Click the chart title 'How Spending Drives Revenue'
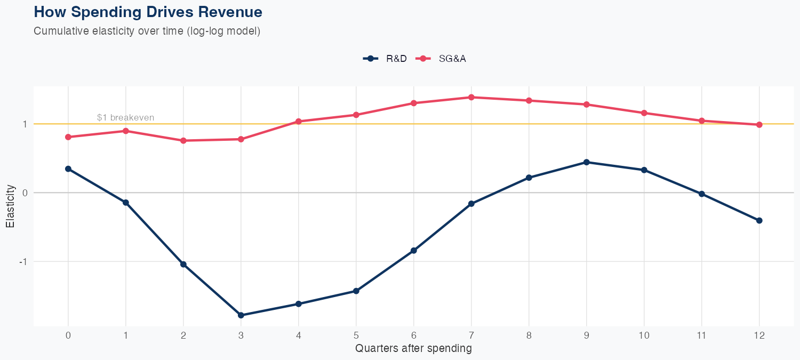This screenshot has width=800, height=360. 148,12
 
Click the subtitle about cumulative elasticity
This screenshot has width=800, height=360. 147,31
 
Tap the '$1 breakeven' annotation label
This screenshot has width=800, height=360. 125,117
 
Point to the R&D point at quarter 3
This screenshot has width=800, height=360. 241,315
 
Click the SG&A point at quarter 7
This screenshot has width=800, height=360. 471,97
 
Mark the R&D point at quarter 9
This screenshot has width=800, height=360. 587,162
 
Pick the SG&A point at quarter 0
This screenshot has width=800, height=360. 68,137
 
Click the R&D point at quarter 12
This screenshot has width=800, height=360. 759,220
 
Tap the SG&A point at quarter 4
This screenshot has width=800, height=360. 299,122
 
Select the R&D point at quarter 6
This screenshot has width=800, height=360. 414,251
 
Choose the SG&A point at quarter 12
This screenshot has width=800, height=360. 759,125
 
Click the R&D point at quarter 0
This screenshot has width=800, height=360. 68,169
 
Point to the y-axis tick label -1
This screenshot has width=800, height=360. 22,262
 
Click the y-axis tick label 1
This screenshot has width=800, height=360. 24,124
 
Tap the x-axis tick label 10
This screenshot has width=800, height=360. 644,335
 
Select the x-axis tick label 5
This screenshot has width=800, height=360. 356,335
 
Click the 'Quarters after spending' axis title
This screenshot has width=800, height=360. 413,349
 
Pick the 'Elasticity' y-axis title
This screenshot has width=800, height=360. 10,207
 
